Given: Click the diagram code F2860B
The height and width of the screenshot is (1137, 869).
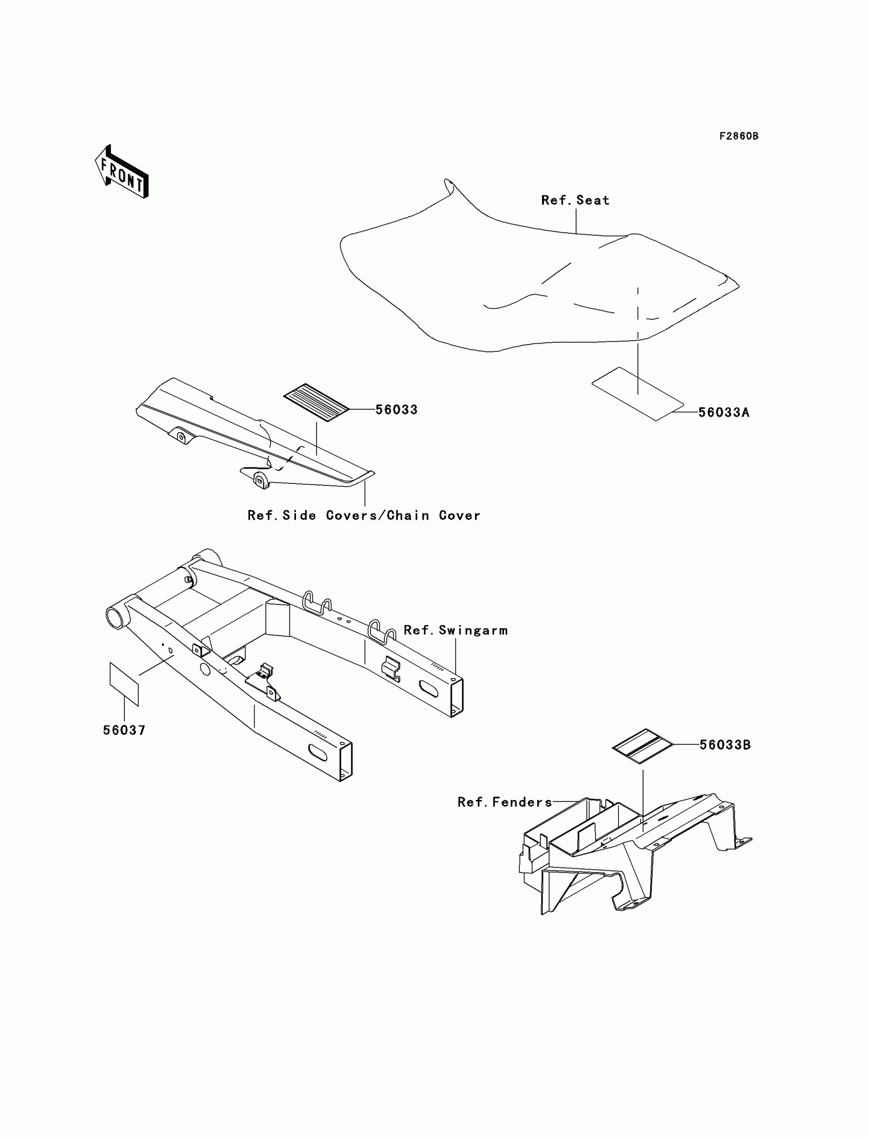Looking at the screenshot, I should coord(739,136).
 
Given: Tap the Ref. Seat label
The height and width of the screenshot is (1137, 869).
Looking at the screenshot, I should coord(575,200).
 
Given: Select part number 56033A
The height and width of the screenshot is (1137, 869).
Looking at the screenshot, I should coord(724,412).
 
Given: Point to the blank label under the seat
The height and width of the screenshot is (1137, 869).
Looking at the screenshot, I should coord(637,394).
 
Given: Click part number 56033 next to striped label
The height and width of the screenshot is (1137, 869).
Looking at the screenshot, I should coord(396,409).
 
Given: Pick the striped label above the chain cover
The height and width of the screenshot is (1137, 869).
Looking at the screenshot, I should coord(316,403).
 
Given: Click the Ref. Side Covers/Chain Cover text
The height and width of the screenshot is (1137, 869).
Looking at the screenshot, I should coord(363,516).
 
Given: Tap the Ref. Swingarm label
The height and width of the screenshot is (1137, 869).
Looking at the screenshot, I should coord(455,630).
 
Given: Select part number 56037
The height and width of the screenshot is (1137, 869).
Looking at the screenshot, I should coord(124,730).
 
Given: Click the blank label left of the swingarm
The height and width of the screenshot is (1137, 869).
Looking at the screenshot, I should coord(124,684).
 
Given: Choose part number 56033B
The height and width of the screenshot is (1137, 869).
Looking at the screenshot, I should coord(725,745).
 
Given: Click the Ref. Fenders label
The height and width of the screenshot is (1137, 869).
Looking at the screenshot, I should coord(505,802).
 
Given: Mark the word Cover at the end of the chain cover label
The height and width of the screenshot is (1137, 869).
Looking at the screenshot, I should coord(460,516).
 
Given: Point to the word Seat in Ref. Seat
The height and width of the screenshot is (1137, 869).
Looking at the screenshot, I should coord(593,200).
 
